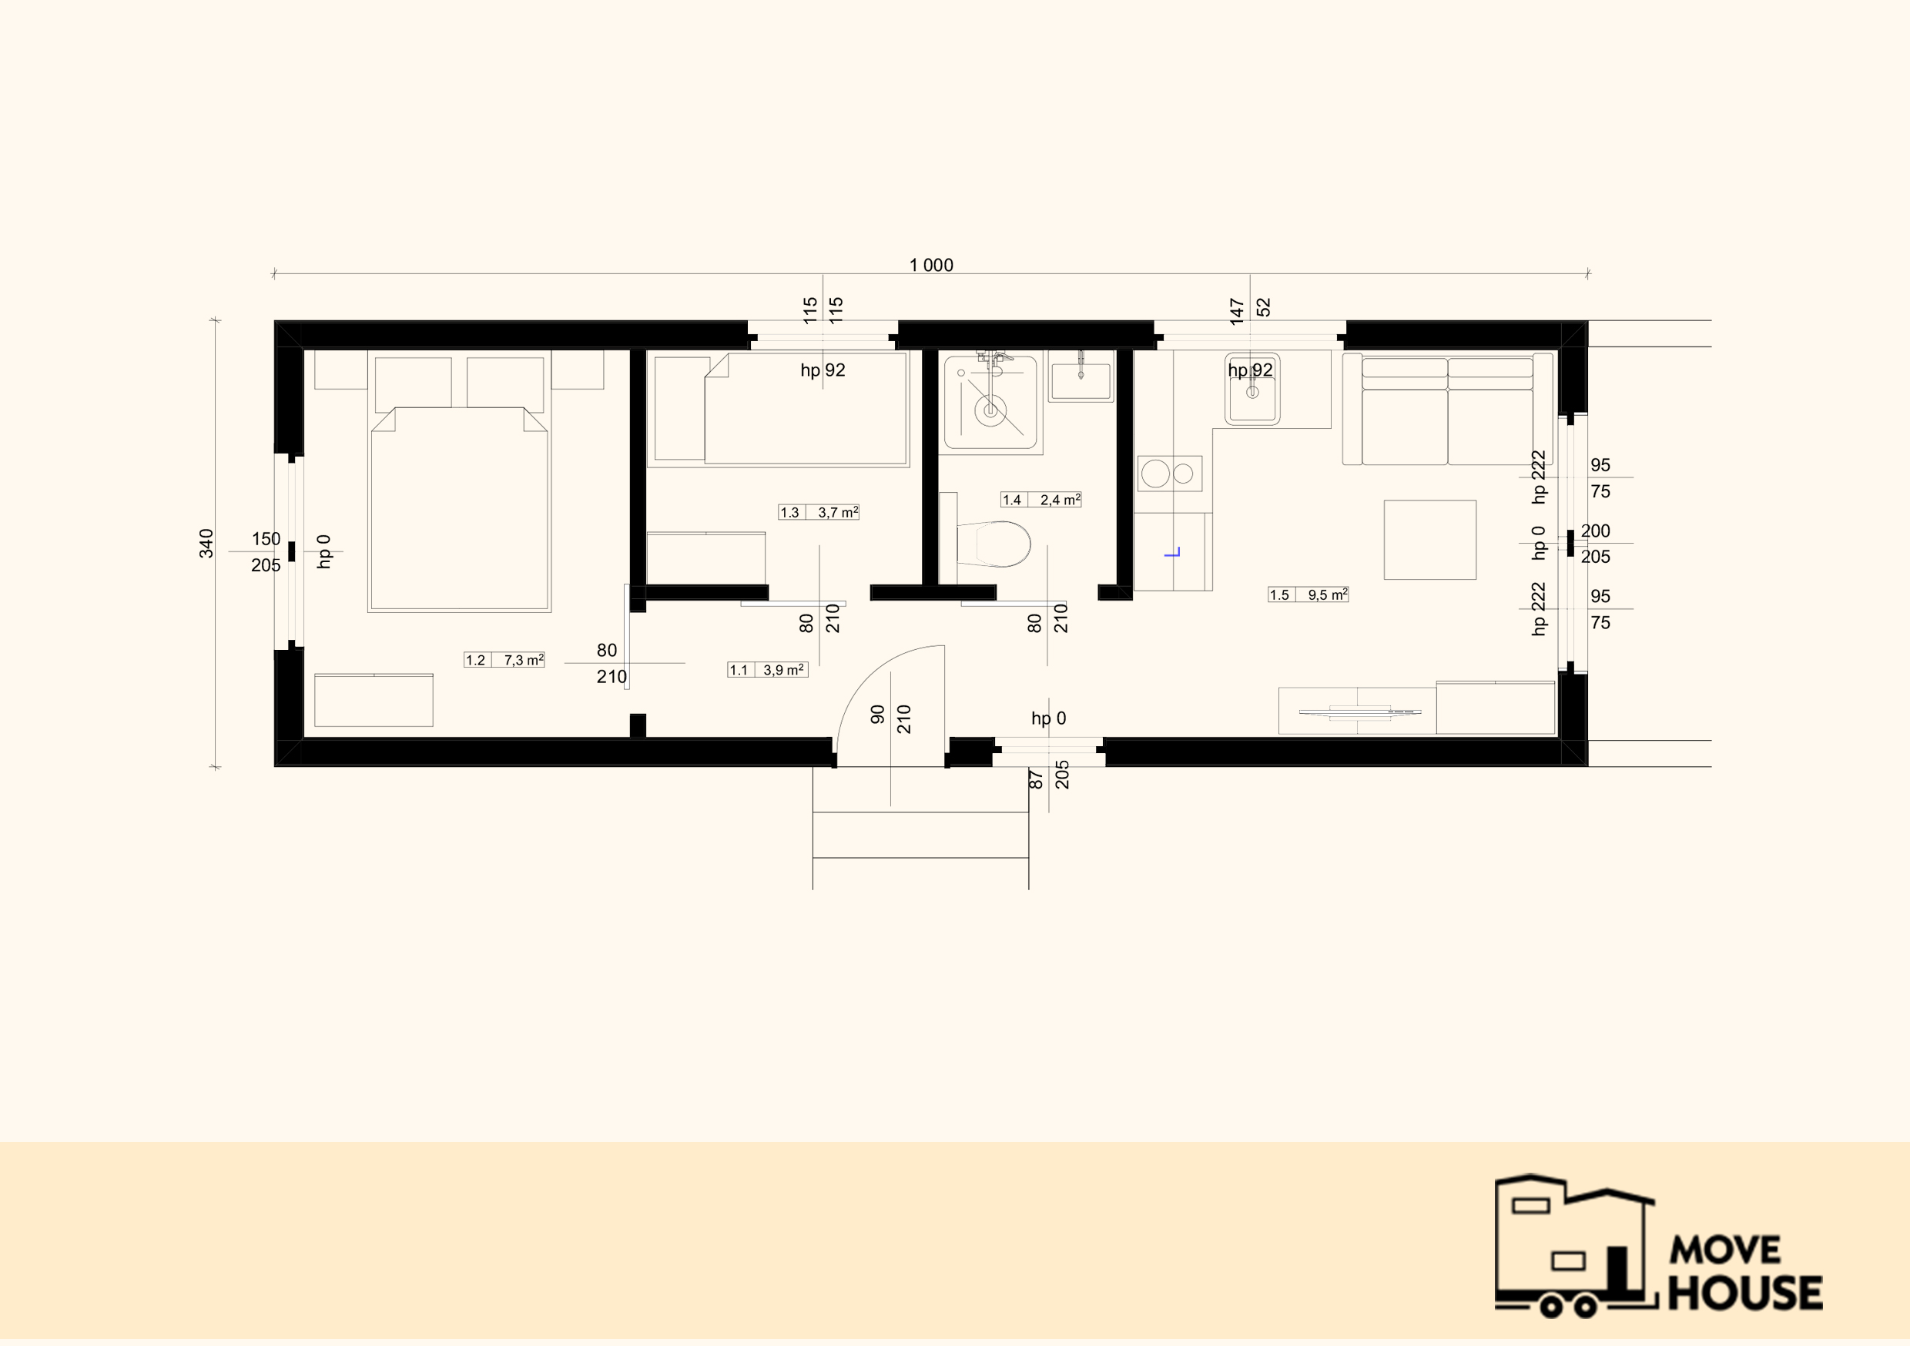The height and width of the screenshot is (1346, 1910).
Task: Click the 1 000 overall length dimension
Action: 931,266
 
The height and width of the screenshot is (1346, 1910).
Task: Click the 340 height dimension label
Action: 206,543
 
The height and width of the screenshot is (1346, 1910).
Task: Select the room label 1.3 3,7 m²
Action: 819,512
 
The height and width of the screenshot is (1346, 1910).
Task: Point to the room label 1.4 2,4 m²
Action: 1040,500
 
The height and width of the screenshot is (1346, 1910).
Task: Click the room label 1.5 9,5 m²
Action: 1308,594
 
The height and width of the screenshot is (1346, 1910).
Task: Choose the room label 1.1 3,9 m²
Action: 767,670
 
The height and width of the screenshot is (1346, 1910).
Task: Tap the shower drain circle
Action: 990,410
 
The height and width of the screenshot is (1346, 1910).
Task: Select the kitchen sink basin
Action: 1252,390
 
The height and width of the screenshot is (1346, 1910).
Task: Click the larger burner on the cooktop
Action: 1155,474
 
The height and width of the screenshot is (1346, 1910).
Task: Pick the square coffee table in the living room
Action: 1430,540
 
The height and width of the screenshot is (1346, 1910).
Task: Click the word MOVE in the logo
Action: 1725,1250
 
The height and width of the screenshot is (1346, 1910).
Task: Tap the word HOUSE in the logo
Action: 1745,1292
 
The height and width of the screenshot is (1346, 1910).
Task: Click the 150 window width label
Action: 266,539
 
